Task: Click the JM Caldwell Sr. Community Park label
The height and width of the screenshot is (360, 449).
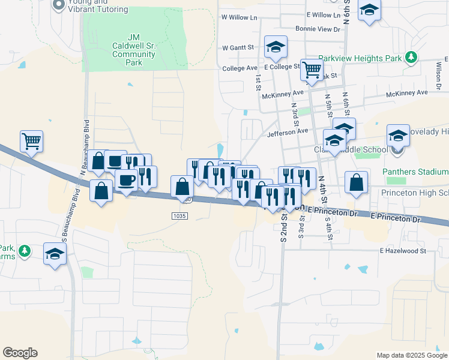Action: (x=134, y=46)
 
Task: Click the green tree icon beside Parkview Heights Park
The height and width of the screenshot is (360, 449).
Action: (x=411, y=58)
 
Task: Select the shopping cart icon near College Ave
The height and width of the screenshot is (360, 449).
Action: (x=312, y=70)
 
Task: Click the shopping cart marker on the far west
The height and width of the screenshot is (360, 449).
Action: (x=31, y=141)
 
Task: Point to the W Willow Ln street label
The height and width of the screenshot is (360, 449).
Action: (x=238, y=17)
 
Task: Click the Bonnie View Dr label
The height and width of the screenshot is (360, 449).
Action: (x=318, y=29)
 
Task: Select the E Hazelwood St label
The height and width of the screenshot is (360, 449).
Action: (x=402, y=251)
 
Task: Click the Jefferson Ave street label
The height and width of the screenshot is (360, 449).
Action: (x=288, y=131)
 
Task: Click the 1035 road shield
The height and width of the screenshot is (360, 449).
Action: (x=179, y=215)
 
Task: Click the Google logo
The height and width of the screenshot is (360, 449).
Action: (x=20, y=353)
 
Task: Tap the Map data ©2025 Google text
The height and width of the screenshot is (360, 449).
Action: (x=411, y=355)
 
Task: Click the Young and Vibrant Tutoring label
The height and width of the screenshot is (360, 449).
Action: (x=98, y=6)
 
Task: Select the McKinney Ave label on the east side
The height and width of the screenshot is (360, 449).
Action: (x=407, y=92)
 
